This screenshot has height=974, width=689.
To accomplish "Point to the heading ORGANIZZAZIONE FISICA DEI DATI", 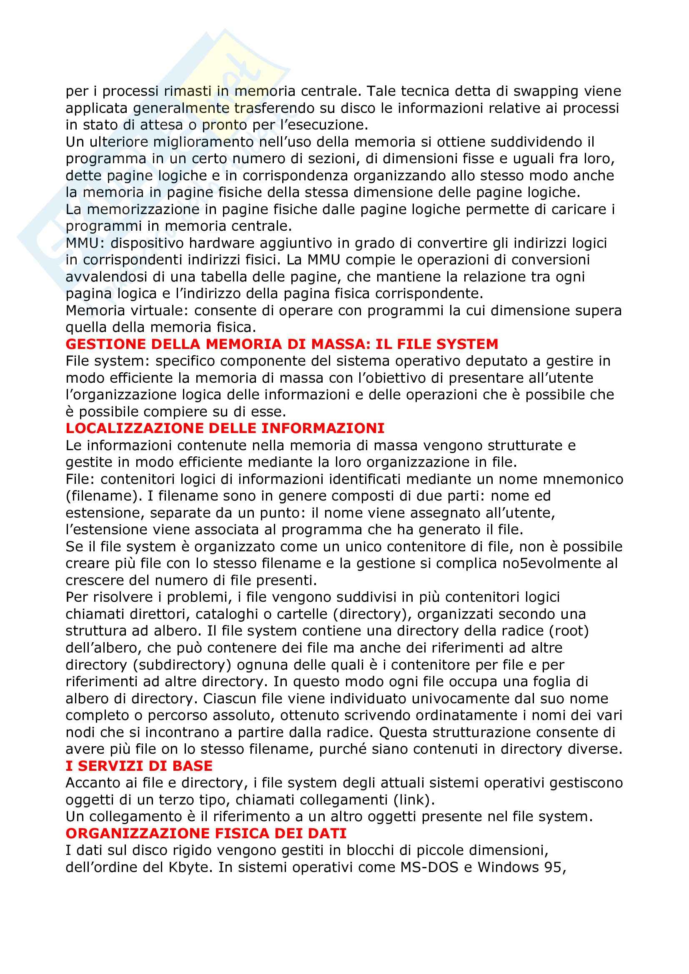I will pos(206,833).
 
